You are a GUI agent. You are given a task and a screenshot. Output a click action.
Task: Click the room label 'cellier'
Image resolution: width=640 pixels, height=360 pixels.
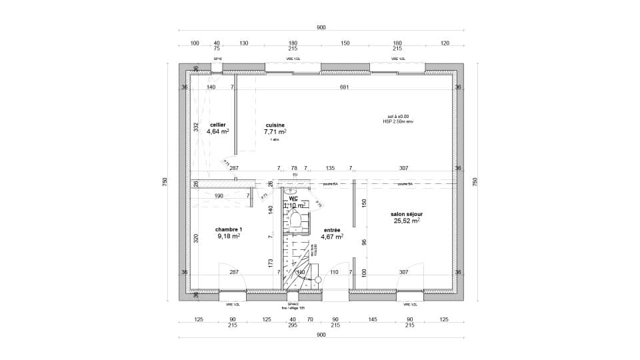(x=217, y=125)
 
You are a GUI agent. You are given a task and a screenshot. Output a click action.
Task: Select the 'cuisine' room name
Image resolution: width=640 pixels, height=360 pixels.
(x=275, y=125)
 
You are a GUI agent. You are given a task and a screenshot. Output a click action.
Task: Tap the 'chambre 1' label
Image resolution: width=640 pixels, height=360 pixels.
(x=229, y=229)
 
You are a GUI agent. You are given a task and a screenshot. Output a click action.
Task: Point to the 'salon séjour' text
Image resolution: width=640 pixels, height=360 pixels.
(x=407, y=214)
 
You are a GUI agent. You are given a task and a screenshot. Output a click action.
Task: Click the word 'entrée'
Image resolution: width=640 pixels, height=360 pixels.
(x=331, y=229)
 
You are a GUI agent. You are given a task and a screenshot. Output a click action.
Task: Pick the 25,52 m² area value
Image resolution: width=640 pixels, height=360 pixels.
(x=407, y=221)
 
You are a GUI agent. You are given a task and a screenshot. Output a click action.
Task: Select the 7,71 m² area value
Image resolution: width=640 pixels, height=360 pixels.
(x=275, y=132)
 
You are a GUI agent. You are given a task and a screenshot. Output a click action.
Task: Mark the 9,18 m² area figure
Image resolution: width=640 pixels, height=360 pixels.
(x=229, y=236)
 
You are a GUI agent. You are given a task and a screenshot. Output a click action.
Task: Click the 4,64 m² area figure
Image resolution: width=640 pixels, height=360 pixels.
(x=217, y=132)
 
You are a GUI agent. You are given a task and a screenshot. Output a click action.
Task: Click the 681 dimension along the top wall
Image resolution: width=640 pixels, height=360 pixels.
(x=344, y=87)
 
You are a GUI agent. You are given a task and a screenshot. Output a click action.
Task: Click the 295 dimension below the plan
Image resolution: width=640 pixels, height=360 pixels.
(x=292, y=327)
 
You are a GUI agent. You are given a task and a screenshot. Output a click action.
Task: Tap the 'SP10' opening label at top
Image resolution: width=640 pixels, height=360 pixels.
(x=217, y=59)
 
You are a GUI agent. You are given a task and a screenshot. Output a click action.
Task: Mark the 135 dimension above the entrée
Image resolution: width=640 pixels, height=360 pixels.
(x=329, y=169)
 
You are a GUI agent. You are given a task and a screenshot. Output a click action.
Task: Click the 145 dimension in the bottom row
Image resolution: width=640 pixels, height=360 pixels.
(x=372, y=320)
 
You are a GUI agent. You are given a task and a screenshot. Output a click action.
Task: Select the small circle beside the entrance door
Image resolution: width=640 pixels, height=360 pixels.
(x=318, y=279)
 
